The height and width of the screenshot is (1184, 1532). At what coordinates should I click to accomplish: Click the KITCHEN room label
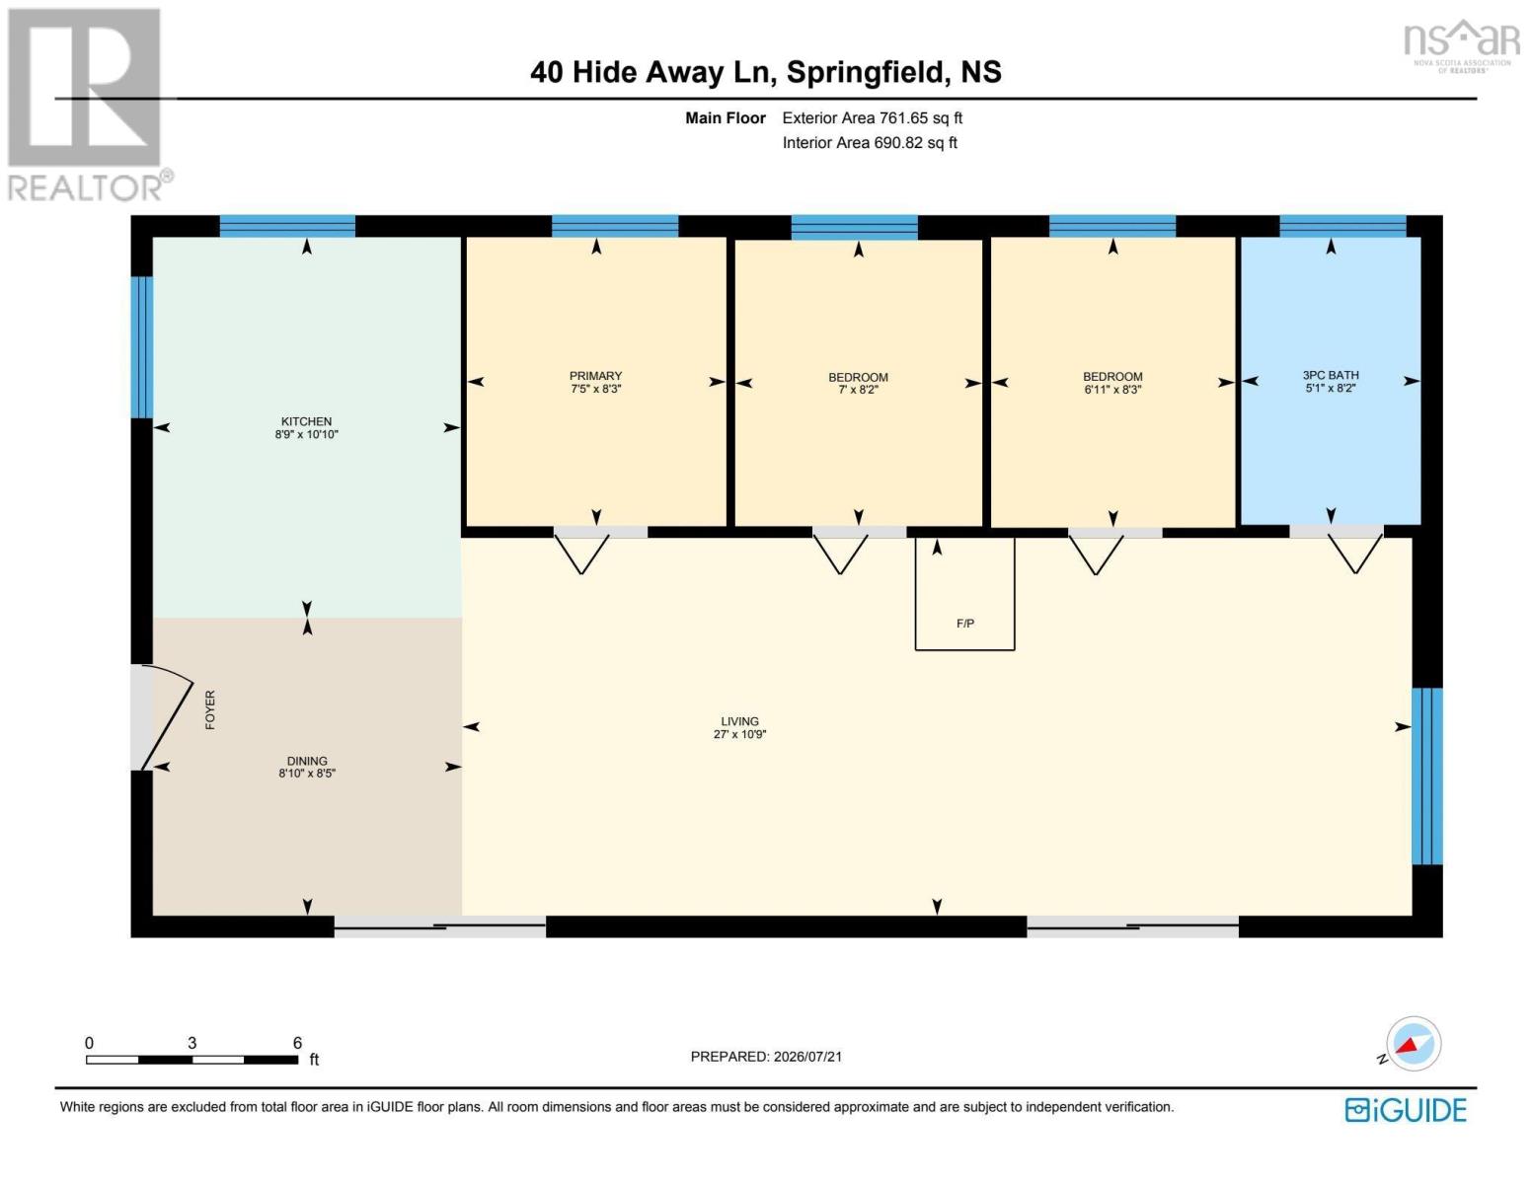pyautogui.click(x=306, y=421)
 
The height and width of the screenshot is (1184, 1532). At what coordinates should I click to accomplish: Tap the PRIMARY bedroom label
pyautogui.click(x=596, y=375)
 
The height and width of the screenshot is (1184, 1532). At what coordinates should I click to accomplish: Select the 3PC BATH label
pyautogui.click(x=1331, y=375)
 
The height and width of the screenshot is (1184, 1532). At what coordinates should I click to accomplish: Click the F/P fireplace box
pyautogui.click(x=964, y=593)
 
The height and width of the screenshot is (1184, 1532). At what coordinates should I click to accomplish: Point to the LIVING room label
pyautogui.click(x=739, y=721)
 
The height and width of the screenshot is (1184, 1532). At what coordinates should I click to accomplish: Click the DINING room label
pyautogui.click(x=307, y=761)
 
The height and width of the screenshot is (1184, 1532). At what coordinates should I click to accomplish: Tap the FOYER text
pyautogui.click(x=210, y=709)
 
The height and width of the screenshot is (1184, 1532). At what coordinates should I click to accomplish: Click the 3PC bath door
pyautogui.click(x=1355, y=554)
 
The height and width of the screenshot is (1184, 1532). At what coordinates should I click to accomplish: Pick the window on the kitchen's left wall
pyautogui.click(x=142, y=346)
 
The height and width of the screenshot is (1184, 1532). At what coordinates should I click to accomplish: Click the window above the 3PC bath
pyautogui.click(x=1342, y=226)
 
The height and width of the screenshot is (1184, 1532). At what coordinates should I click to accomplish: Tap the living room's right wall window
pyautogui.click(x=1427, y=776)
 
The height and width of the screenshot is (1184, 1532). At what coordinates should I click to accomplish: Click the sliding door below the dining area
pyautogui.click(x=439, y=926)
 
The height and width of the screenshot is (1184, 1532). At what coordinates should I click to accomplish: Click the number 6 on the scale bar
pyautogui.click(x=297, y=1043)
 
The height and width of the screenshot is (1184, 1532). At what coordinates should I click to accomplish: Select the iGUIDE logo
pyautogui.click(x=1405, y=1110)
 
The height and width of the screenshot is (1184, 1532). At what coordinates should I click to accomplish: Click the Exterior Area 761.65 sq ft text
pyautogui.click(x=872, y=117)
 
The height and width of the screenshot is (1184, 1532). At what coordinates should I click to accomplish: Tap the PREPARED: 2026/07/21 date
pyautogui.click(x=766, y=1057)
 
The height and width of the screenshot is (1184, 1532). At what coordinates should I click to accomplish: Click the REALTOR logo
pyautogui.click(x=88, y=106)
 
